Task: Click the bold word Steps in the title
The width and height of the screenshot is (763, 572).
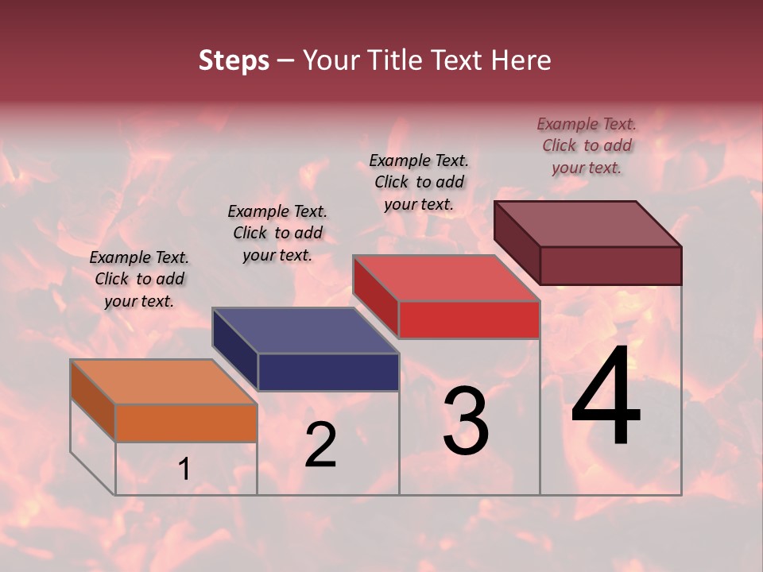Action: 234,60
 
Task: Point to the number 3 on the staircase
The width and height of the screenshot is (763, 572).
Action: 465,421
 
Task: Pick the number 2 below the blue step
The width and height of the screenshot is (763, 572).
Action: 320,445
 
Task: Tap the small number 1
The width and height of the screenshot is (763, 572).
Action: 184,470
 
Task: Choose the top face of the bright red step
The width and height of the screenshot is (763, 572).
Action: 446,278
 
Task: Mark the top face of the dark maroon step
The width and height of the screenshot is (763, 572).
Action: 587,223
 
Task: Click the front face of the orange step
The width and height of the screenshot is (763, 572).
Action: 186,423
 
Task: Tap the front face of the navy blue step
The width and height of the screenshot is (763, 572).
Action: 328,372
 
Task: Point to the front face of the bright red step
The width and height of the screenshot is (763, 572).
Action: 469,320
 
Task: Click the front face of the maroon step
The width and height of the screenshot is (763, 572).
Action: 610,265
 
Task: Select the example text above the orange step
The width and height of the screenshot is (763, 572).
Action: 139,279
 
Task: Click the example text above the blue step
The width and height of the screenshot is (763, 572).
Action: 277,233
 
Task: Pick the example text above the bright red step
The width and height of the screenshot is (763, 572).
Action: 419,182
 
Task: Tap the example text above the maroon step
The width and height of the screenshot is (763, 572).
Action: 587,145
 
